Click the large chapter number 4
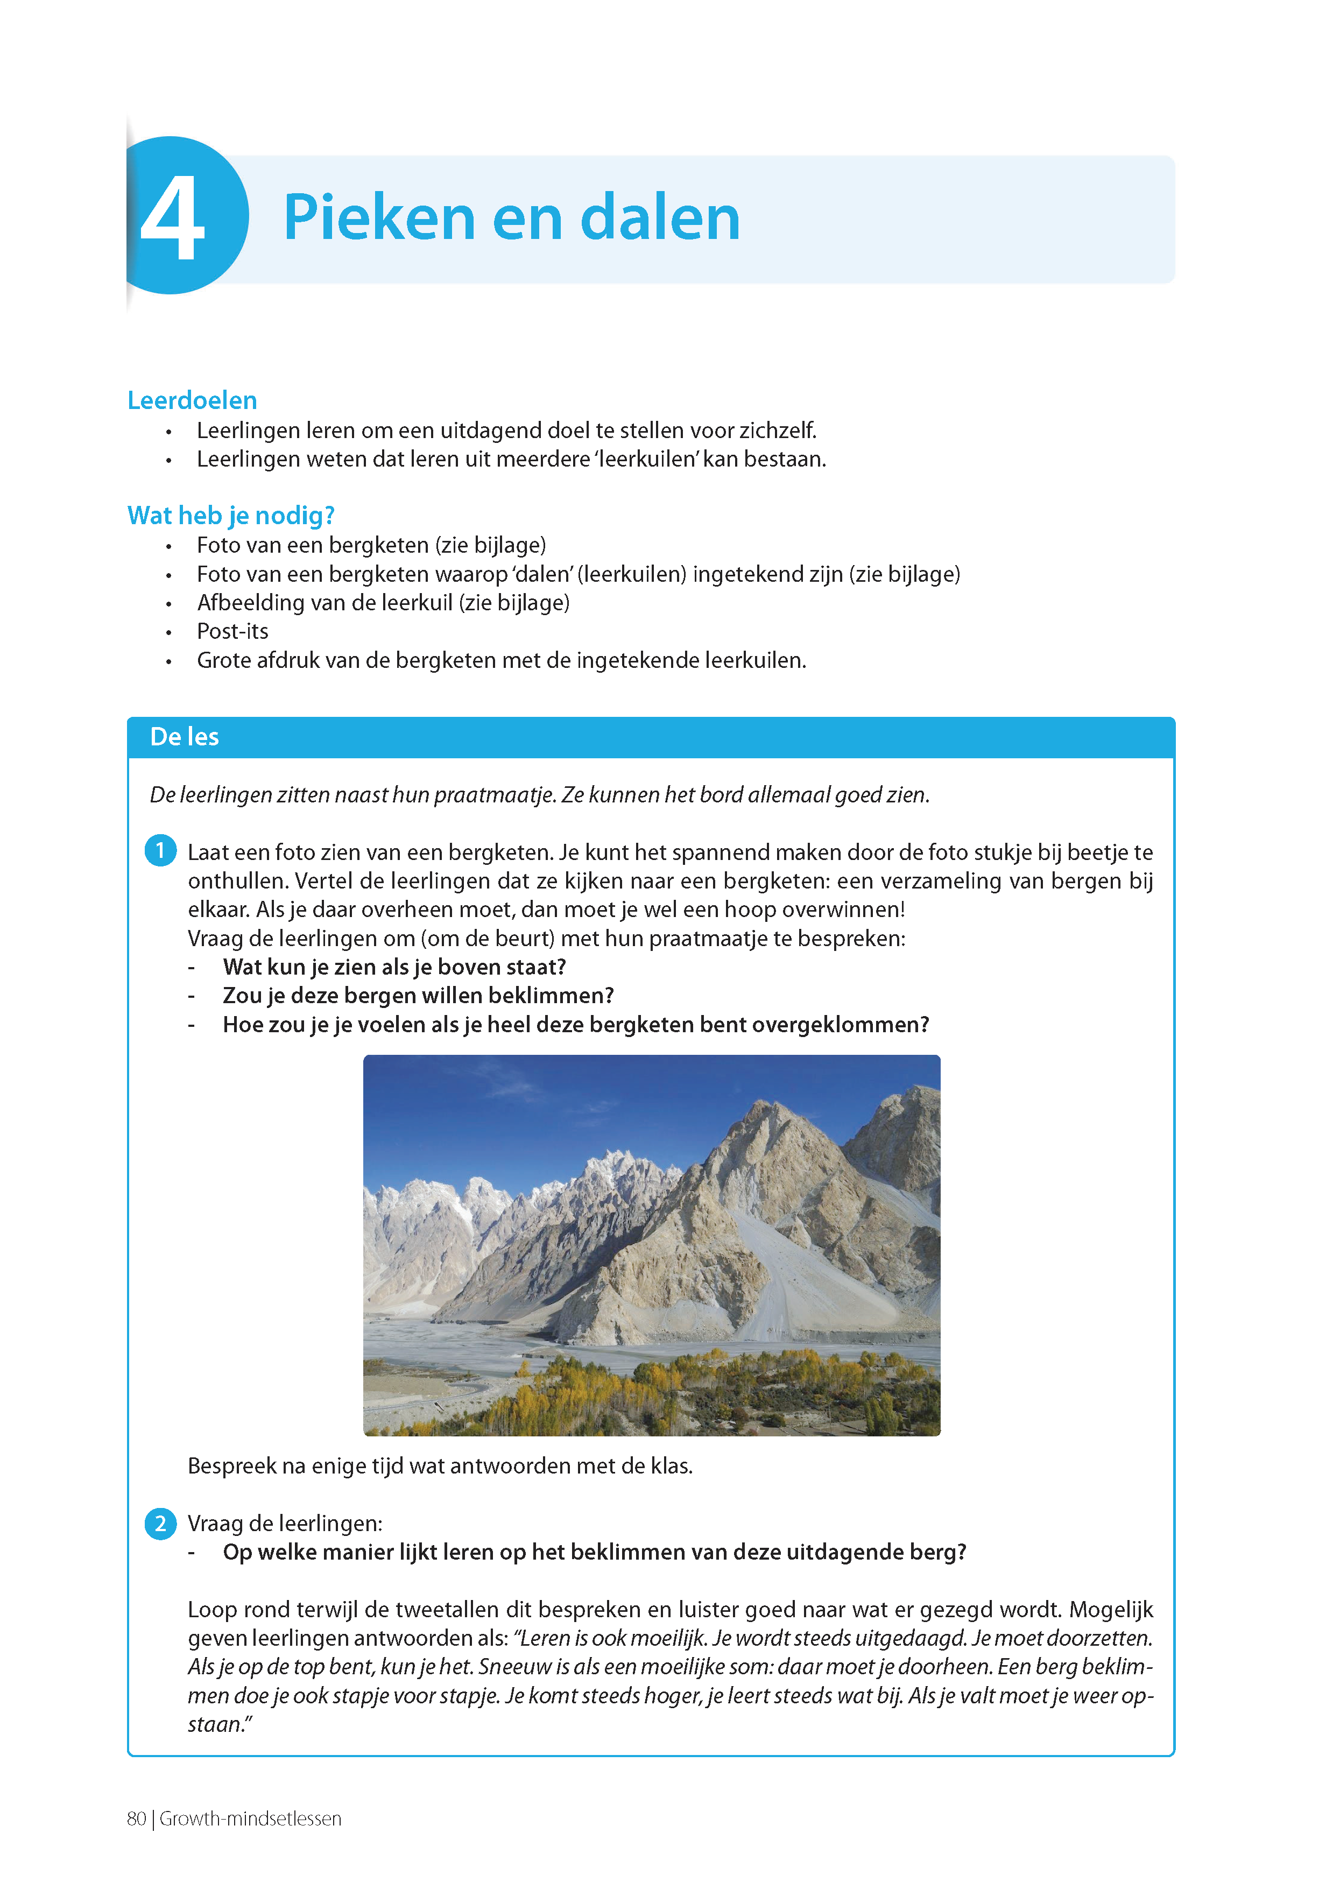(172, 218)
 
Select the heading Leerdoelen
(192, 400)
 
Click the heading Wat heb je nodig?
(231, 516)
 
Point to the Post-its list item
(232, 631)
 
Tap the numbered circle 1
(160, 850)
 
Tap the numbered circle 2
(160, 1524)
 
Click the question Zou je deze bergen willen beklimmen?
(418, 996)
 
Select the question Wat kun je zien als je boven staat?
(394, 967)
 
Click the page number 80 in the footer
(136, 1819)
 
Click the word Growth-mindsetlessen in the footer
(250, 1819)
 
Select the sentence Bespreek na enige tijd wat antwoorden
(440, 1466)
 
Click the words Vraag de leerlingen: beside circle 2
(285, 1524)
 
